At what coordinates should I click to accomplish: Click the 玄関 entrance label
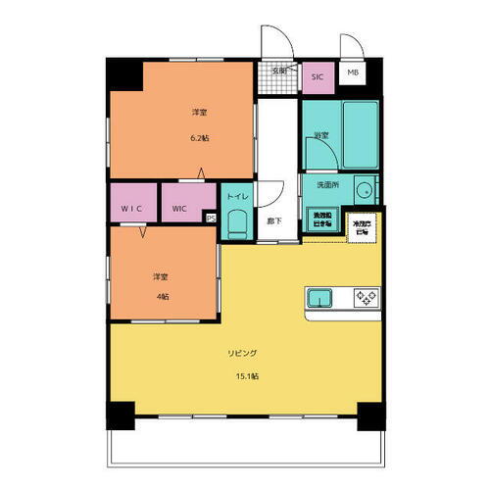(x=278, y=71)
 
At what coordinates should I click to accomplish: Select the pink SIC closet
(x=317, y=76)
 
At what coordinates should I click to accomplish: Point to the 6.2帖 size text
(x=199, y=137)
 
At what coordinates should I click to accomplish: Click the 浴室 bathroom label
(x=319, y=134)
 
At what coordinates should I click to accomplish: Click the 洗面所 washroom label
(x=326, y=184)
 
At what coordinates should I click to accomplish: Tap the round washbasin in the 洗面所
(x=364, y=190)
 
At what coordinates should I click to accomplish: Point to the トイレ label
(x=237, y=196)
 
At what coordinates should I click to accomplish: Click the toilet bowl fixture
(x=236, y=224)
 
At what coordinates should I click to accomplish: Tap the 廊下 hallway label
(x=275, y=220)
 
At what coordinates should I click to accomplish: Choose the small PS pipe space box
(x=211, y=219)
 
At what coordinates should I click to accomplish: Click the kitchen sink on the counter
(x=322, y=297)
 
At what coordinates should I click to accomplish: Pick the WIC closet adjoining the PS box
(x=181, y=208)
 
